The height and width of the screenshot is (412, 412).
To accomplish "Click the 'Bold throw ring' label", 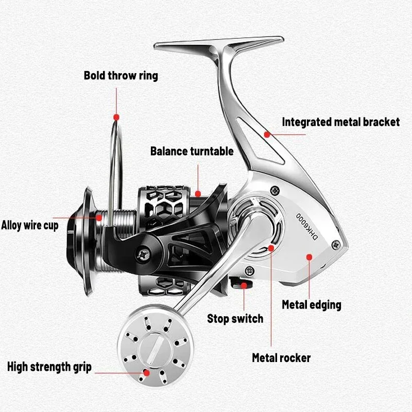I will (121, 76).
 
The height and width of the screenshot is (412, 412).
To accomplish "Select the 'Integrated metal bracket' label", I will (340, 122).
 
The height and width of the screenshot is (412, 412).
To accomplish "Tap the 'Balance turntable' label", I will (192, 151).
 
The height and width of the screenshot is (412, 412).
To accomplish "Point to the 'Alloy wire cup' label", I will (30, 225).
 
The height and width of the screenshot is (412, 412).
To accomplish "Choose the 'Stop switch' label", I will (235, 319).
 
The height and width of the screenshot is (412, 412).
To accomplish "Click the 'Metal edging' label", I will (311, 304).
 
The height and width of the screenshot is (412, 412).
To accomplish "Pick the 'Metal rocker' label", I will (281, 357).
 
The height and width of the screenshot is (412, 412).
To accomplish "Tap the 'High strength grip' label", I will (49, 367).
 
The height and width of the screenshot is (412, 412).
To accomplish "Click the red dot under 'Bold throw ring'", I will (116, 117).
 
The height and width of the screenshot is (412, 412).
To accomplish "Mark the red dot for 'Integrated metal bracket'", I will (267, 134).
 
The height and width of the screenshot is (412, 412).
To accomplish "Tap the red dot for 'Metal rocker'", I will (270, 248).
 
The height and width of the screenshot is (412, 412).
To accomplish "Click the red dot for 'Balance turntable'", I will (198, 194).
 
